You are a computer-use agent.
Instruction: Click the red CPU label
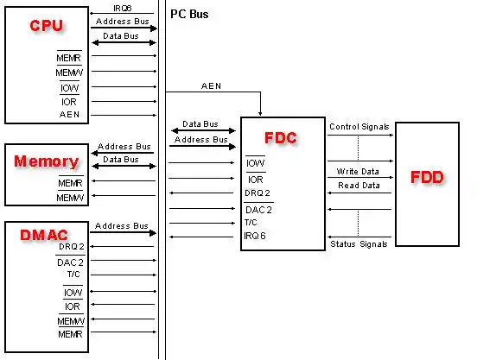click(x=46, y=26)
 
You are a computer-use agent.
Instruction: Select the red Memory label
click(x=46, y=161)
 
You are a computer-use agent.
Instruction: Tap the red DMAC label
click(x=43, y=234)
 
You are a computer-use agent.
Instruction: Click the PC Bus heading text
click(x=189, y=15)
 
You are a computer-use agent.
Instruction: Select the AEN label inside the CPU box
click(x=70, y=114)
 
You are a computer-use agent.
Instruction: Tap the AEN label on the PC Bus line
click(x=211, y=85)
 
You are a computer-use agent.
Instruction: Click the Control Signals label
click(x=359, y=127)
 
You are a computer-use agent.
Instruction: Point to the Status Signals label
click(x=359, y=245)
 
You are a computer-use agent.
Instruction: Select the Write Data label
click(x=359, y=172)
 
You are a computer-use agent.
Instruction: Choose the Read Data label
click(x=359, y=185)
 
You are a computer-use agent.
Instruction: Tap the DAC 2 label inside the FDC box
click(x=258, y=208)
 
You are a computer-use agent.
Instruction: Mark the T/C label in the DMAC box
click(x=73, y=275)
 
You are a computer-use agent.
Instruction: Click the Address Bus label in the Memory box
click(x=124, y=147)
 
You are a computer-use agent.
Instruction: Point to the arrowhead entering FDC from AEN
click(x=261, y=113)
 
